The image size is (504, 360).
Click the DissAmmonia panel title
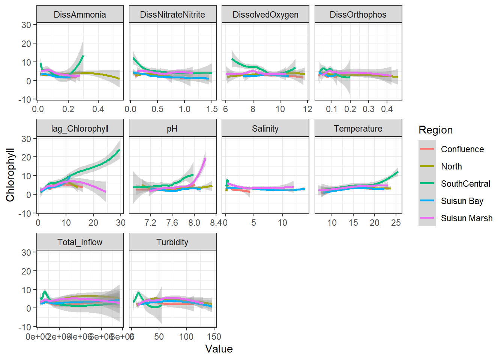(80, 15)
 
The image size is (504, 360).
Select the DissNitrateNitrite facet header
(172, 15)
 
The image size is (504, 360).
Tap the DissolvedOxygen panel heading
(265, 15)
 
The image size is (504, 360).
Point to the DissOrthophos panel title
(358, 15)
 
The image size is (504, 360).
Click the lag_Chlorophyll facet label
(80, 129)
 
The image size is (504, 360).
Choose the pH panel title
(172, 129)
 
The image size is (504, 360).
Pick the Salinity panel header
(265, 129)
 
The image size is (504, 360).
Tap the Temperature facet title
(358, 129)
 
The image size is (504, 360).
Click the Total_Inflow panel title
(80, 242)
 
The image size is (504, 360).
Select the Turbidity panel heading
(172, 242)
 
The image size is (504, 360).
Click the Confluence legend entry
(462, 149)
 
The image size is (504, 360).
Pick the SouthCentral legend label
(465, 184)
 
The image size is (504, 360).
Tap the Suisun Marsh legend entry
(466, 218)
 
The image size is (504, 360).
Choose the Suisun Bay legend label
(462, 201)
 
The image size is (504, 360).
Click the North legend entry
(451, 166)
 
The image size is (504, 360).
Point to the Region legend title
(436, 130)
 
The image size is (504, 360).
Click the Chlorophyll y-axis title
(10, 175)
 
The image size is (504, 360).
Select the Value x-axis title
(219, 349)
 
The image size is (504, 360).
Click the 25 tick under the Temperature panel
(396, 223)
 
